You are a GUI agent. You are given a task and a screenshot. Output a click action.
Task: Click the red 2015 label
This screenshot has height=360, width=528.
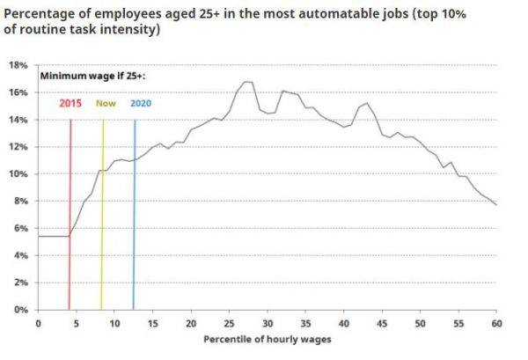(x=70, y=103)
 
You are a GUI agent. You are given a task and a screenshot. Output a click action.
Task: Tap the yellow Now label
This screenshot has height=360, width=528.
(x=106, y=103)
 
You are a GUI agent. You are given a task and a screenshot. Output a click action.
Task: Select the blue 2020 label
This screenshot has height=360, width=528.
(x=142, y=103)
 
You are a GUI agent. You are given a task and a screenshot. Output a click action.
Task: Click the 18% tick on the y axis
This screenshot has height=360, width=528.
(x=18, y=65)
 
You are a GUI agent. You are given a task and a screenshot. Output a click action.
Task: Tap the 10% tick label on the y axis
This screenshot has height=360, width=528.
(x=18, y=174)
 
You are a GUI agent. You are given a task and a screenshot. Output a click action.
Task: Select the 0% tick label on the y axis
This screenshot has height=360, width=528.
(x=21, y=310)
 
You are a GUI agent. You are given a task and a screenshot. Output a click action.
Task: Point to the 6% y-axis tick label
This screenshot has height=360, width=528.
(x=21, y=228)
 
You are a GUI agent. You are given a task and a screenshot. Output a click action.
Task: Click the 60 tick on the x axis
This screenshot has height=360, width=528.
(x=497, y=323)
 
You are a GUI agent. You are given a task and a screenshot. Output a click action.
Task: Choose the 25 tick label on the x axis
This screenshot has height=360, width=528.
(x=229, y=323)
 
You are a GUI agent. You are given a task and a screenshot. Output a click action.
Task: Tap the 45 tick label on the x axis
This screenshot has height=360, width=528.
(x=383, y=323)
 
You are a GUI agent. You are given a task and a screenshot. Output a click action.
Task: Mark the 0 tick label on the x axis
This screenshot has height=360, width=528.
(x=38, y=323)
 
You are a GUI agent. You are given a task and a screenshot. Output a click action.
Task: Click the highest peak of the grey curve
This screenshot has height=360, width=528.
(x=246, y=82)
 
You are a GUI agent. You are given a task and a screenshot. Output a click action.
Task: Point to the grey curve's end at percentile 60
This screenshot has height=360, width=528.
(x=497, y=205)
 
